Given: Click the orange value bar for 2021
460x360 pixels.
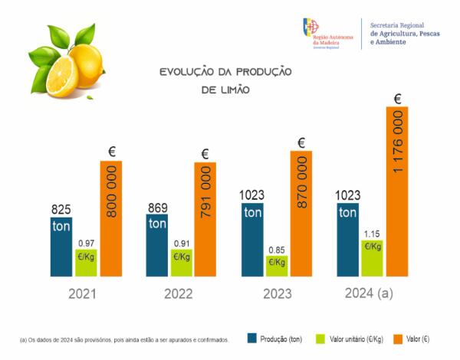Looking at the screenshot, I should [111, 218].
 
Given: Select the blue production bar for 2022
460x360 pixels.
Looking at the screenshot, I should [157, 245].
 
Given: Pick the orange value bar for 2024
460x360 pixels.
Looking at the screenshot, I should [397, 191].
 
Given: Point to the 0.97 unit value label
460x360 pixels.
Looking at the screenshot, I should [86, 243].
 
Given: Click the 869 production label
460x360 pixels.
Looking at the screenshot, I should [157, 208].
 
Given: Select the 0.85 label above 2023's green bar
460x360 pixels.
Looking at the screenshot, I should [277, 249].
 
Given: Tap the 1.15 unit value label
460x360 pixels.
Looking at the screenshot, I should [372, 233].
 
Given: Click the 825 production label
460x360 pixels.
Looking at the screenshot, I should [61, 209].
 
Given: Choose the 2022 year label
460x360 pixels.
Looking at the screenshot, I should [179, 294].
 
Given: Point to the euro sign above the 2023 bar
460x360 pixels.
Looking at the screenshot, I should [301, 142].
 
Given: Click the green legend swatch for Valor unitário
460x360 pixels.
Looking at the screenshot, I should [319, 338].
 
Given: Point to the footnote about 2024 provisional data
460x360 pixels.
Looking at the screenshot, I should [123, 339].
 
